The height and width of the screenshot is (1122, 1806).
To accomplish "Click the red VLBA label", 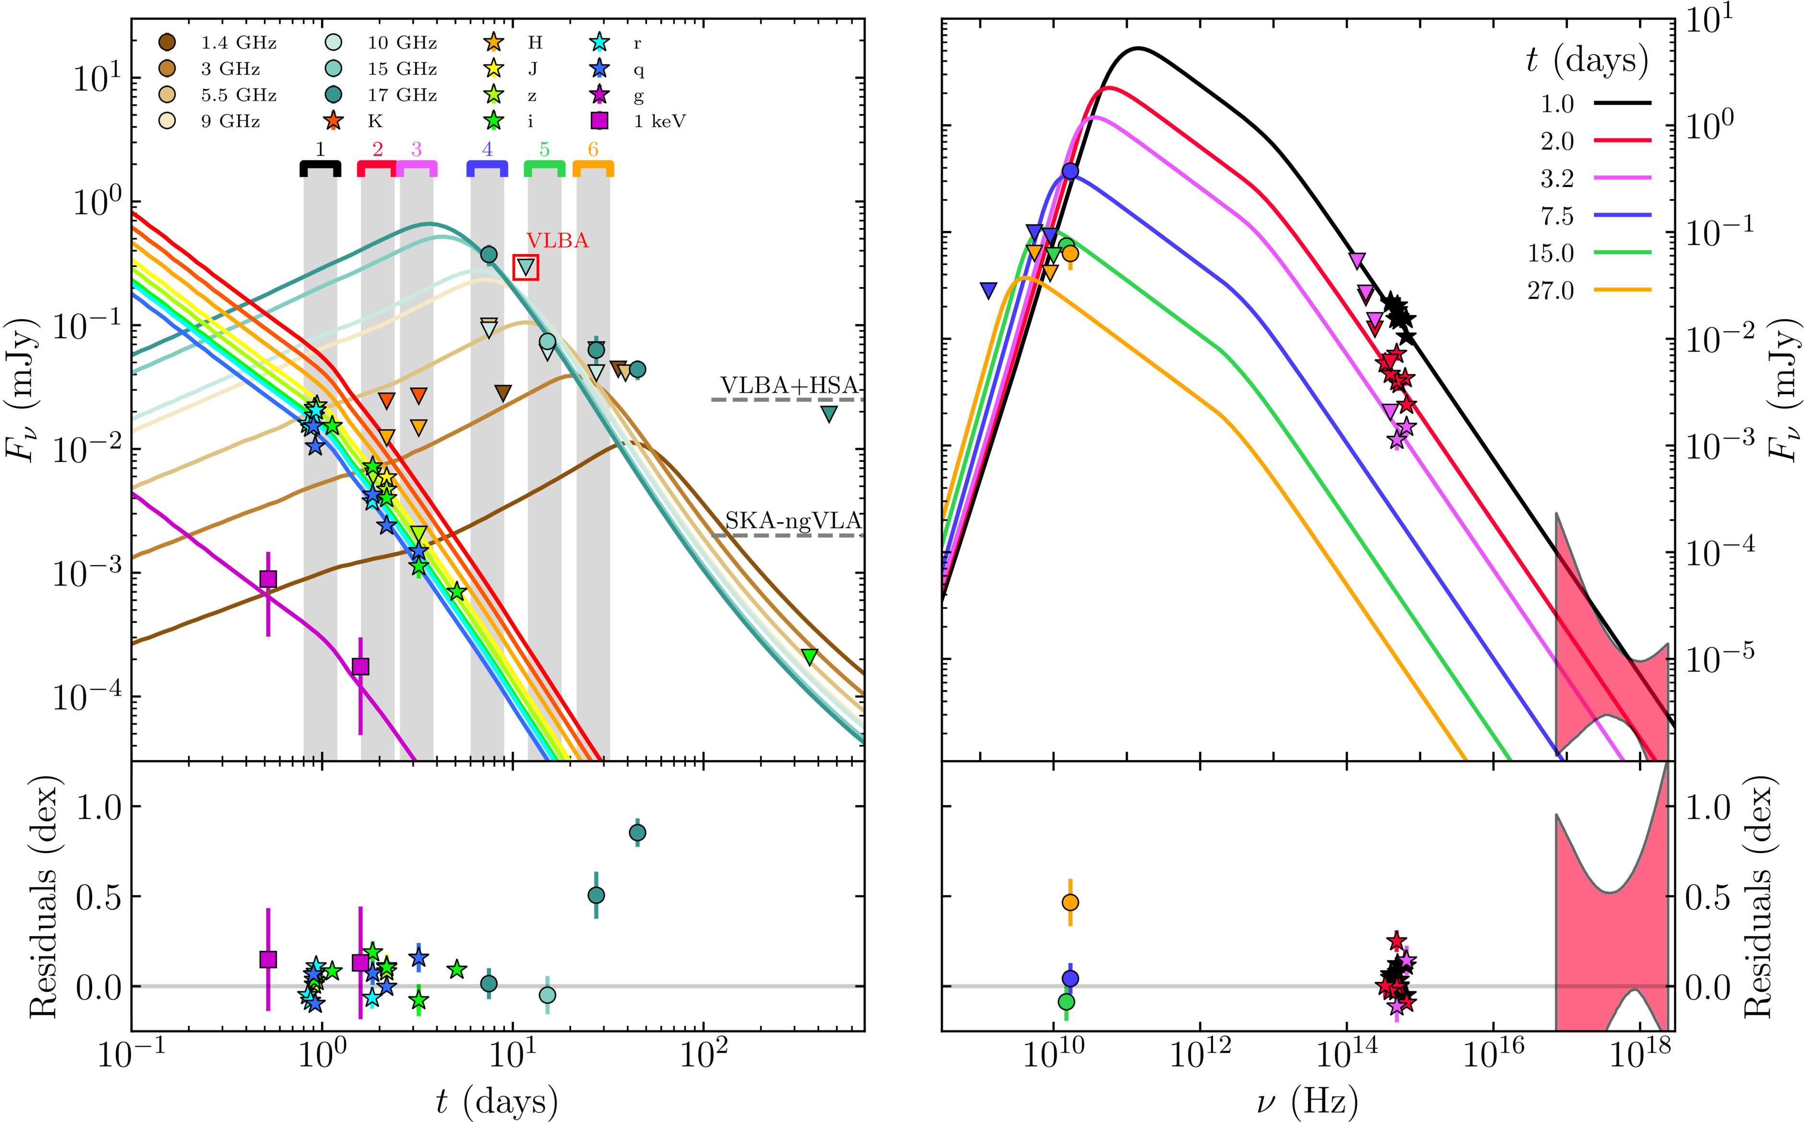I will (557, 240).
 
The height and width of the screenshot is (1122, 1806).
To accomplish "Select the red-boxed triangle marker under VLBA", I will (526, 267).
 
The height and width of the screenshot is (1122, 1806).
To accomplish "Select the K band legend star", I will (334, 122).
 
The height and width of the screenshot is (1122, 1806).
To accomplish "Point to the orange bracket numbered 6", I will (593, 168).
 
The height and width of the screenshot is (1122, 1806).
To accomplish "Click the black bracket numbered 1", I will (320, 168).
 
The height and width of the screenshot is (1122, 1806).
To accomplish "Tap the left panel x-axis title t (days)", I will (497, 1101).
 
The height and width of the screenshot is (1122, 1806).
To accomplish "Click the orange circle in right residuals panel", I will (1070, 902).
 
